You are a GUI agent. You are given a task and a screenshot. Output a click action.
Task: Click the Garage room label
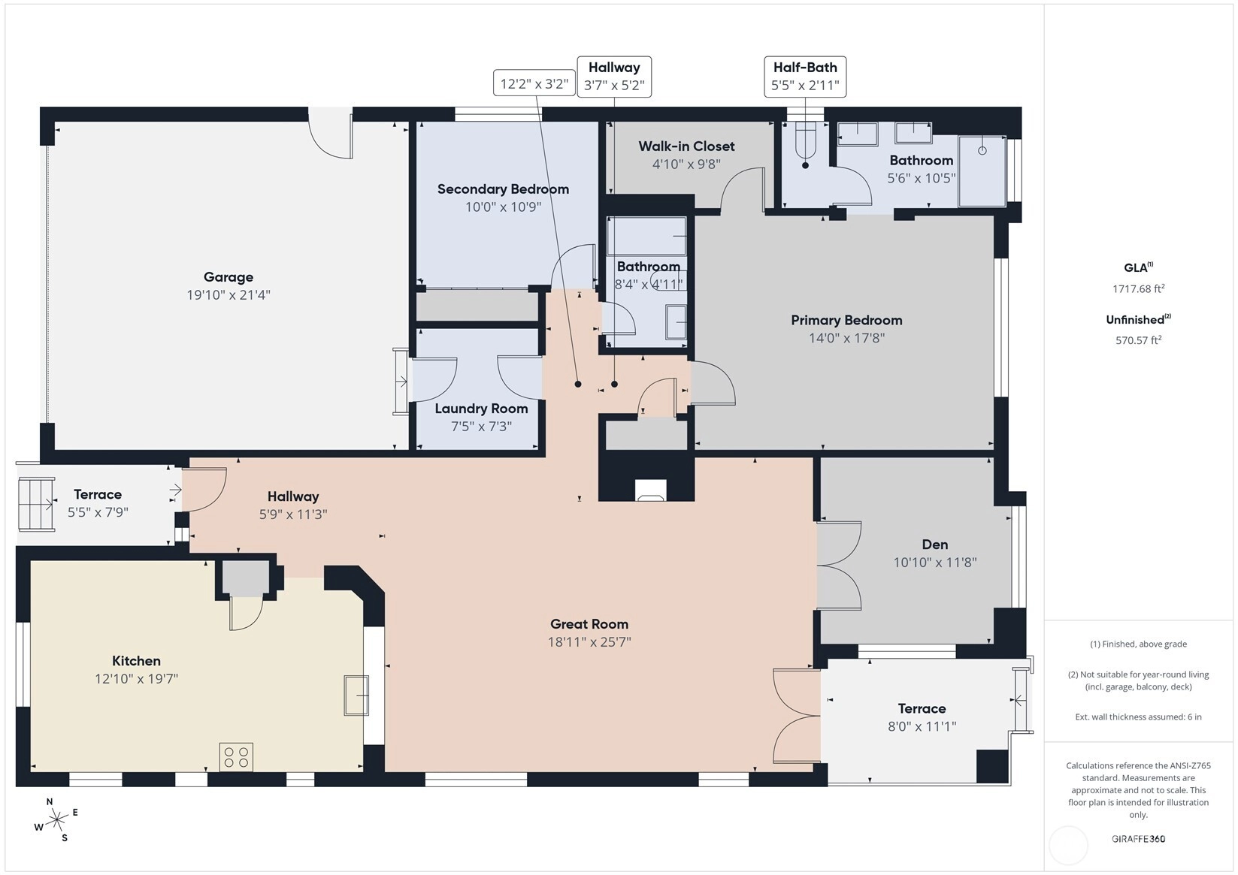tap(229, 277)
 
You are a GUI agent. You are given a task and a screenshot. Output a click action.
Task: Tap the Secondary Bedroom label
tap(503, 189)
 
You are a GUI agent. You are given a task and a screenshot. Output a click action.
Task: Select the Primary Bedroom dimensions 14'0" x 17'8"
tap(846, 338)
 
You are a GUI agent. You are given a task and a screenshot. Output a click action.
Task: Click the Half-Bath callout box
tap(805, 77)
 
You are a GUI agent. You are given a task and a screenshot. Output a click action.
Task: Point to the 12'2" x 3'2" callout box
tap(534, 83)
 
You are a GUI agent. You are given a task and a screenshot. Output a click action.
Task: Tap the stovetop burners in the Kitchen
tap(237, 757)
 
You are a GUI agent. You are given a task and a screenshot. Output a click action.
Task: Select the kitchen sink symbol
tap(356, 695)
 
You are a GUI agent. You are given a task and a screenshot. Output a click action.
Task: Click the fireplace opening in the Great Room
tap(650, 490)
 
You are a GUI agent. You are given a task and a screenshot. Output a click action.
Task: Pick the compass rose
tap(56, 819)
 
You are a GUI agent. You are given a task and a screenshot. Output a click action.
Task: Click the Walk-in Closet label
tap(686, 146)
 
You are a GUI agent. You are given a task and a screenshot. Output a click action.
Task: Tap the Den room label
tap(935, 545)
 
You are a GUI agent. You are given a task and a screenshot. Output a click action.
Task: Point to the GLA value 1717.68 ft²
tap(1139, 288)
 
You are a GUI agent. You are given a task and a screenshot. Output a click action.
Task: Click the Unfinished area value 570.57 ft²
tap(1139, 339)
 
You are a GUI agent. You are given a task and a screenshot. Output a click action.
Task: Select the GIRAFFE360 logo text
tap(1139, 838)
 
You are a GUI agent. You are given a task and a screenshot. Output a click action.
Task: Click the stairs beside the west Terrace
tap(37, 504)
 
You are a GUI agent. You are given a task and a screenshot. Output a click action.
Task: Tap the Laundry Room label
tap(481, 409)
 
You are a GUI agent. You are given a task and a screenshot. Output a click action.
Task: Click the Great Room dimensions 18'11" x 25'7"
tap(589, 642)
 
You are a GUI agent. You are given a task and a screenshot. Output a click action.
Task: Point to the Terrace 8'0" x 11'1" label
tap(922, 717)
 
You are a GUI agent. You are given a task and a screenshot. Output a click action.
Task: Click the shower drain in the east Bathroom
tap(982, 150)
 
